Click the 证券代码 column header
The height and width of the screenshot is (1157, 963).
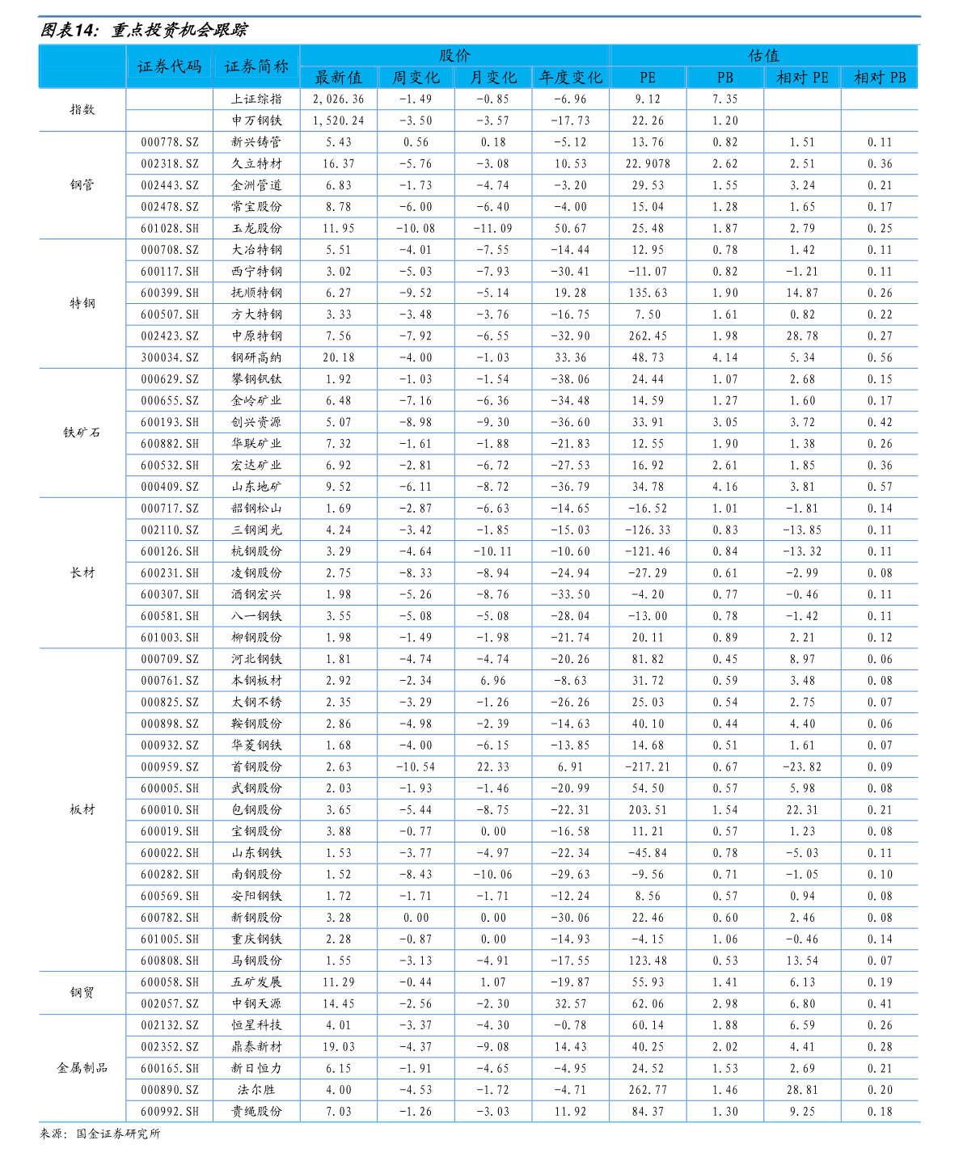coord(169,66)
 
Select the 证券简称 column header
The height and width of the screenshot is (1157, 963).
coord(256,66)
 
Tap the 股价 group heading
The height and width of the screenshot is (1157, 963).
coord(454,55)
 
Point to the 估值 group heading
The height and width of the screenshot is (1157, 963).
coord(763,55)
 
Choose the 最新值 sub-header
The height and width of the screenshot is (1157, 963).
coord(338,78)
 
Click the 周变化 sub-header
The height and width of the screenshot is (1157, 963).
coord(416,78)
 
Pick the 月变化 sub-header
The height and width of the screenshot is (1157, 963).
coord(493,78)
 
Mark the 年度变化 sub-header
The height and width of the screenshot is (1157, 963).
coord(571,78)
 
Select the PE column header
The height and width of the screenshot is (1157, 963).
coord(648,78)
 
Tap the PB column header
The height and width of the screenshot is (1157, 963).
coord(725,78)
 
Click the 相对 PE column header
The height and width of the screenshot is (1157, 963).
coord(802,78)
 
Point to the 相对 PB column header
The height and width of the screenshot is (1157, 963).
coord(880,78)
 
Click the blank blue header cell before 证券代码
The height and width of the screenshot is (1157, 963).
coord(82,66)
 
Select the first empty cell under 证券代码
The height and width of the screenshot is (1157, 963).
coord(169,99)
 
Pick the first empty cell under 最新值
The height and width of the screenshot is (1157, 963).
coord(338,99)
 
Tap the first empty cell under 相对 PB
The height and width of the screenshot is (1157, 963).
coord(880,99)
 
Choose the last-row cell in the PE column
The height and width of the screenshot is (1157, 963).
coord(648,1112)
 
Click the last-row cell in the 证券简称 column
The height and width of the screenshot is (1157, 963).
coord(256,1112)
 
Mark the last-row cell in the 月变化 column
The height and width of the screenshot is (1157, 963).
coord(493,1112)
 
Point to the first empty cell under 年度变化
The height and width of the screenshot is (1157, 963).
coord(571,99)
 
